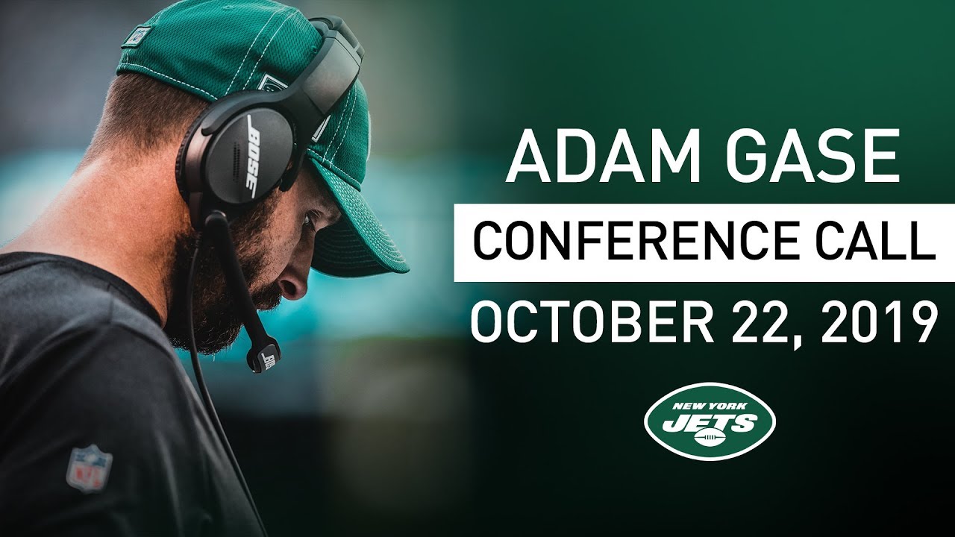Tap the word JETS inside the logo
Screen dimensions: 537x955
[709, 422]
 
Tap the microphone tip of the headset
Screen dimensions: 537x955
[264, 357]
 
